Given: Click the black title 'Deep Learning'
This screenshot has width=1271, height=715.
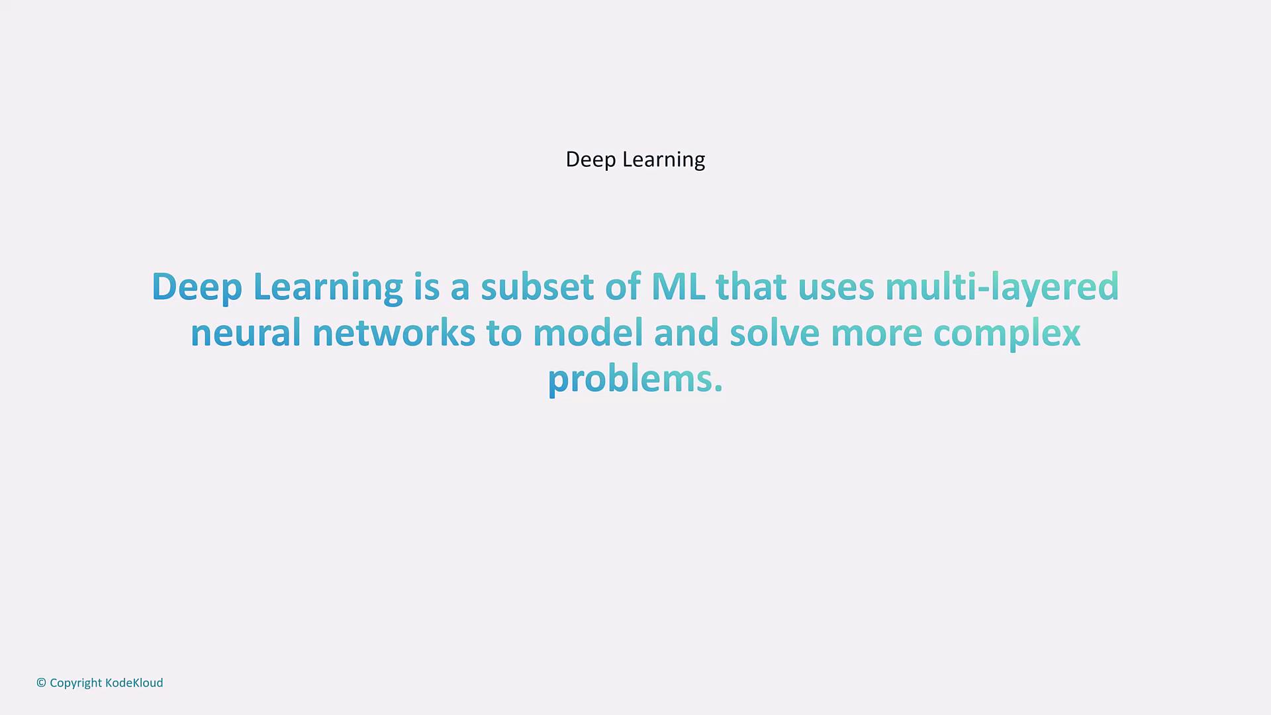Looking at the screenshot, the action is point(635,160).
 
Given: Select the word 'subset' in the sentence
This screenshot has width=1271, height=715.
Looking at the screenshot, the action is point(537,287).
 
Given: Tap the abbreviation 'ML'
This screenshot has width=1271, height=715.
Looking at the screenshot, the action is point(678,287).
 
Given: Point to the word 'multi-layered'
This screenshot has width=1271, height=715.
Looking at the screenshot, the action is point(1002,288).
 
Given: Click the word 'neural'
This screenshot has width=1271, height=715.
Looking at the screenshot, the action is point(246,333).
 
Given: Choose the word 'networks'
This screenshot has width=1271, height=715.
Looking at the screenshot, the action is point(394,333).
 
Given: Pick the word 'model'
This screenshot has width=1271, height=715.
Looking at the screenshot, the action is point(588,333).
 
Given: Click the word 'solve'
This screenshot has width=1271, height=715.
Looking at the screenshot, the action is point(775,333).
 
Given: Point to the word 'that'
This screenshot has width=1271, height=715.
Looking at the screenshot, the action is point(751,287).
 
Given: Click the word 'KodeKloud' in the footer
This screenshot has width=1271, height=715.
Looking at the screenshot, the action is point(134,683).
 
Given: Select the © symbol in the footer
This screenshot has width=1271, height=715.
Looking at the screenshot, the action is point(41,683).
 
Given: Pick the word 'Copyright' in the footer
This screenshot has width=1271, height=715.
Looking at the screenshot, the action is point(76,683).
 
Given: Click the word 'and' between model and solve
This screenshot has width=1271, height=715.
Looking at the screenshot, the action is point(686,333).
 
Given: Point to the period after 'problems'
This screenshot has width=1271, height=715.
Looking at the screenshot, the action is point(718,390).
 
